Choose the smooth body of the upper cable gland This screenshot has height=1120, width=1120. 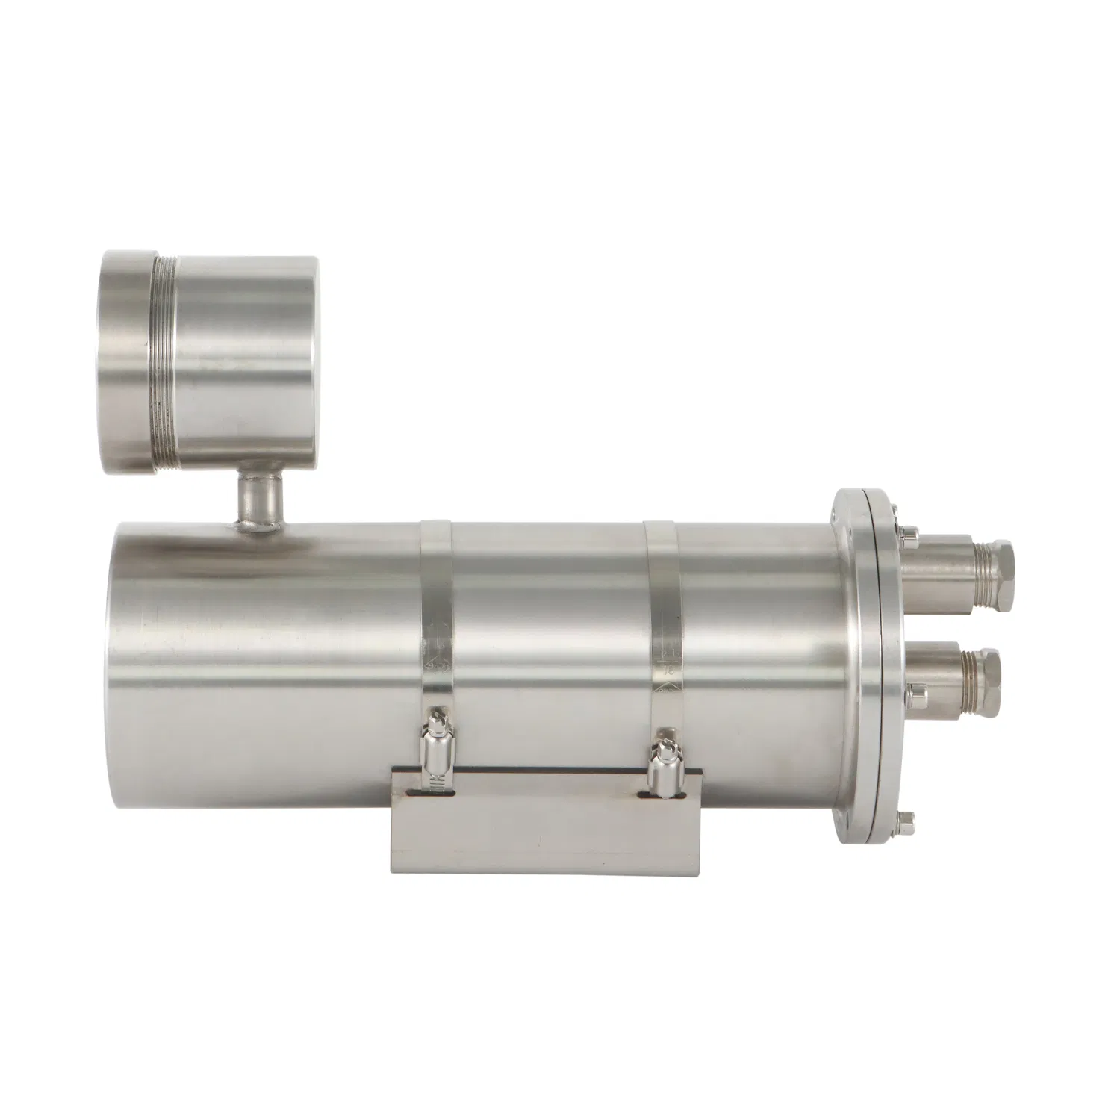coord(930,567)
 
